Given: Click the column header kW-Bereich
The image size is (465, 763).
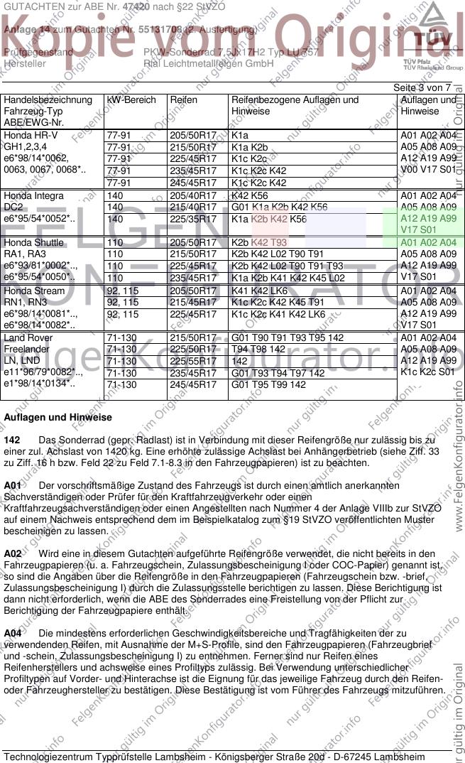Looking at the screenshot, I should point(131,100).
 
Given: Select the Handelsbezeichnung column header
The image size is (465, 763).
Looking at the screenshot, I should point(48,100).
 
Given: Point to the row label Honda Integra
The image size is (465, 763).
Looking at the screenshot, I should point(33,196).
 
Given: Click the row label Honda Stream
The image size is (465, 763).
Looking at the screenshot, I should point(33,291).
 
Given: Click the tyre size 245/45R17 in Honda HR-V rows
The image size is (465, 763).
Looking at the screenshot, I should point(192,183).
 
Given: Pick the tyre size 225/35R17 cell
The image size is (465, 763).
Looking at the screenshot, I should point(192,220).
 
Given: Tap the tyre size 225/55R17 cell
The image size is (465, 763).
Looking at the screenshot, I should point(192,361).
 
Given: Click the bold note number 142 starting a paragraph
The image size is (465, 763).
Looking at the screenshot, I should point(12,440).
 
